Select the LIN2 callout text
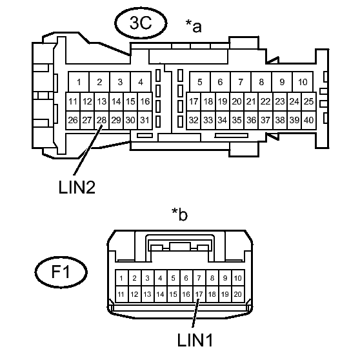[77, 187]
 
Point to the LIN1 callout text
[195, 340]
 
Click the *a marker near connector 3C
[194, 26]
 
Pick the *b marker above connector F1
[179, 214]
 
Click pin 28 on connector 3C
[102, 120]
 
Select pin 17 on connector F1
[199, 294]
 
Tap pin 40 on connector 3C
[309, 120]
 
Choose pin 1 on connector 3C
[79, 82]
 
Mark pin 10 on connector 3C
[303, 82]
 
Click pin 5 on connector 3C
[200, 82]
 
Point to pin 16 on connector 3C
[145, 101]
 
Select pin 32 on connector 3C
[194, 120]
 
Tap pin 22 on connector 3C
[266, 101]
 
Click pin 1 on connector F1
[121, 278]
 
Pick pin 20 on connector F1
[238, 294]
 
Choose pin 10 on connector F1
[238, 278]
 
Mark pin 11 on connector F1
[121, 294]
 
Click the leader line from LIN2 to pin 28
[88, 150]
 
